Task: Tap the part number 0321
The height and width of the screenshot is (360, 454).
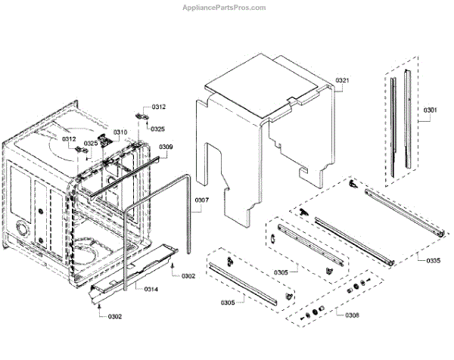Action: pos(342,80)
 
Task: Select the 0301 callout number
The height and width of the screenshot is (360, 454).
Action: pos(430,111)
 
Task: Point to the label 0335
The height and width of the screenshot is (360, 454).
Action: pos(433,260)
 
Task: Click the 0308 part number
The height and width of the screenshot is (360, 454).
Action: pos(353,315)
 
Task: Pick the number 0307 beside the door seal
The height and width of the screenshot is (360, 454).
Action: pos(201,200)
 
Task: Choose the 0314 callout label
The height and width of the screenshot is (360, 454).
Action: pos(151,288)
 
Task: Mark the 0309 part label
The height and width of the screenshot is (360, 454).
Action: pos(166,147)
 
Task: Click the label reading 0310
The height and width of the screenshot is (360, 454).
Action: pos(121,132)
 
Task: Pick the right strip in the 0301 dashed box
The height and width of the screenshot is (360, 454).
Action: pos(408,121)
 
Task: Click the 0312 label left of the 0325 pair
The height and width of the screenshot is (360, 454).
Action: pos(69,139)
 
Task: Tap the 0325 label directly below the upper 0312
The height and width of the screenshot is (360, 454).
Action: pos(157,129)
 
